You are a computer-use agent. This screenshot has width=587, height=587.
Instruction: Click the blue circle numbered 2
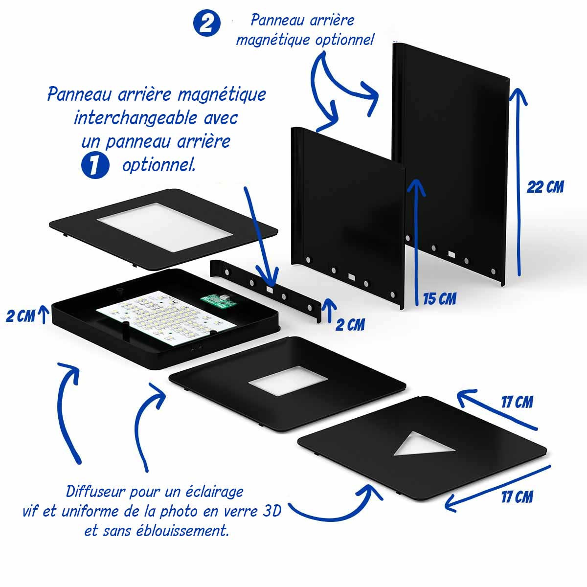pos(206,23)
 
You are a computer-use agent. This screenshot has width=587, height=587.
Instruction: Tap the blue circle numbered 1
pos(94,165)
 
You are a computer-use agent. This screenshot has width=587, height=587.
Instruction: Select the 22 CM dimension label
pos(545,187)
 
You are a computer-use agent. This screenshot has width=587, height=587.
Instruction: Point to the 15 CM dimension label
pos(439,298)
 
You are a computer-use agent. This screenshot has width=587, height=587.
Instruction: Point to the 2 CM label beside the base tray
pos(20,316)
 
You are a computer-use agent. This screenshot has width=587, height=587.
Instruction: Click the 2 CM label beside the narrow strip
pos(350,324)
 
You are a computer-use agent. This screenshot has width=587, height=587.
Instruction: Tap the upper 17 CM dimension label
pos(517,403)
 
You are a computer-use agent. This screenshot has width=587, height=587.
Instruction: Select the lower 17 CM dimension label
pos(517,497)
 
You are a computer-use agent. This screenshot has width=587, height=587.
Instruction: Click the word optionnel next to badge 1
pos(158,165)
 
